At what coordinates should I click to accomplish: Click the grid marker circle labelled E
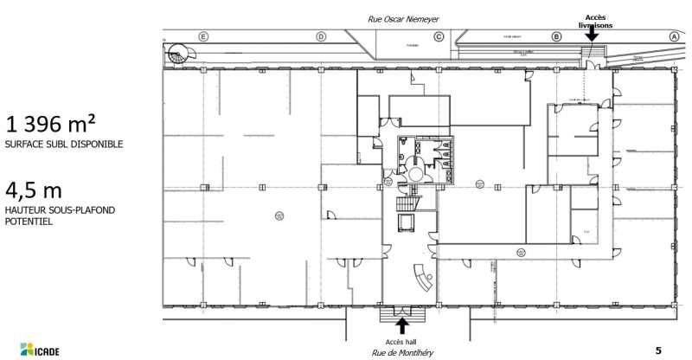[203, 36]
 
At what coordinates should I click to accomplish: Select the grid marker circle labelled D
[321, 36]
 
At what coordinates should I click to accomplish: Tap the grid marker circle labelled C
[439, 36]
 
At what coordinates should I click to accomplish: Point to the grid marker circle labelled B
[556, 36]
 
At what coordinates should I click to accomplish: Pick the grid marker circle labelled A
[673, 36]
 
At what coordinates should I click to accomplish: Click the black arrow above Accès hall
[401, 325]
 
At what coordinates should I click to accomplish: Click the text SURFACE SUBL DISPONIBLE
[63, 144]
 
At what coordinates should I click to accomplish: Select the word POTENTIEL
[29, 222]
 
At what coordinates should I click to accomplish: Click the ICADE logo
[35, 350]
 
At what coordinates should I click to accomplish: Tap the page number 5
[658, 350]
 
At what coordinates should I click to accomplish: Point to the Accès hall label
[401, 342]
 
